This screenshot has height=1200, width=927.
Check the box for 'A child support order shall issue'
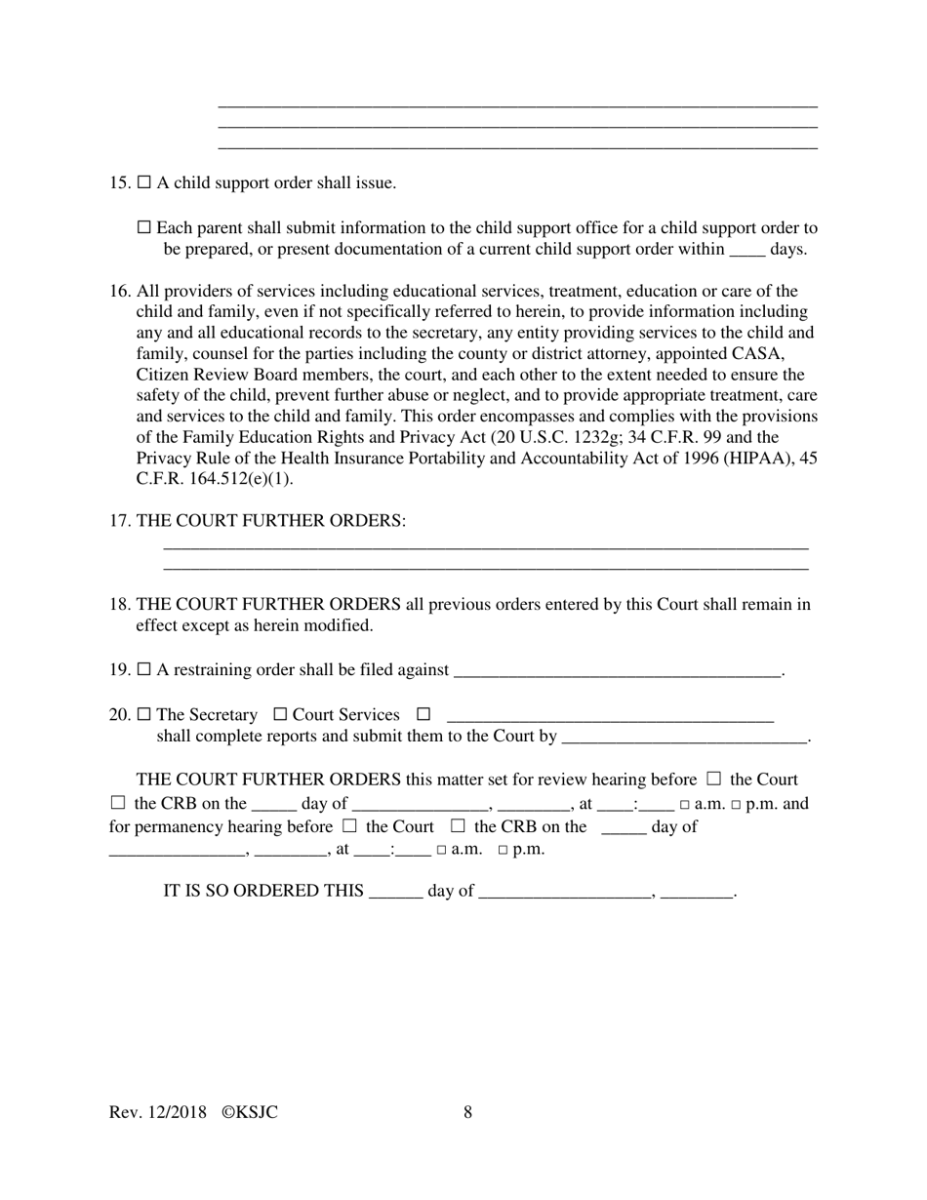(x=144, y=182)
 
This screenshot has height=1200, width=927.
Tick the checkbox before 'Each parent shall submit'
(x=144, y=227)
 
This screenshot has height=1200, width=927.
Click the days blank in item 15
(x=746, y=250)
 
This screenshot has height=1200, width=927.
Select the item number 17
(x=120, y=521)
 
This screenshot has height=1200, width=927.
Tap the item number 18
(x=120, y=605)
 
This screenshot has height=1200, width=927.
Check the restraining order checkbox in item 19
(x=144, y=669)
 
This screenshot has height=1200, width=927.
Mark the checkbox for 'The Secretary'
(x=144, y=714)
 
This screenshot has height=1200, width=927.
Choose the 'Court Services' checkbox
(x=280, y=714)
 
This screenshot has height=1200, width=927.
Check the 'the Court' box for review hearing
(x=713, y=779)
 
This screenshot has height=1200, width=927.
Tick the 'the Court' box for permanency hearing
(x=349, y=826)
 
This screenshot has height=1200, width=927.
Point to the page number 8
(x=468, y=1112)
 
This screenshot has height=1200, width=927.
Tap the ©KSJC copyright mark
(x=250, y=1112)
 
